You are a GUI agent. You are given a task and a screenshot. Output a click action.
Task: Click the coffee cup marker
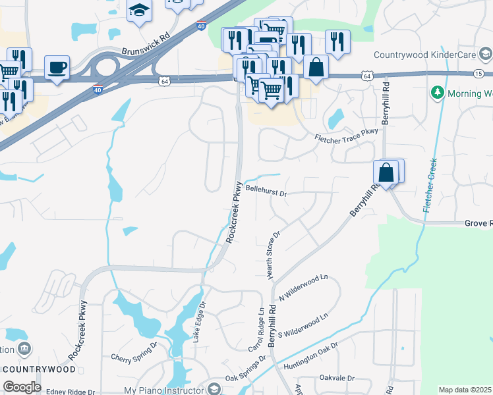pyautogui.click(x=57, y=66)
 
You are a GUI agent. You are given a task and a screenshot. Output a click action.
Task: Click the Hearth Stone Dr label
pyautogui.click(x=274, y=254)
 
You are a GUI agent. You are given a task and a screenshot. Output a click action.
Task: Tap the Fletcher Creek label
pyautogui.click(x=430, y=185)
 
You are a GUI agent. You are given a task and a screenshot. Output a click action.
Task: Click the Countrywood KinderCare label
pyautogui.click(x=424, y=55)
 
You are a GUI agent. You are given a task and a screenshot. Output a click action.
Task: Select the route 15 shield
pyautogui.click(x=478, y=73)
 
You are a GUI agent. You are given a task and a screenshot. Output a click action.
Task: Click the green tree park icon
pyautogui.click(x=436, y=93)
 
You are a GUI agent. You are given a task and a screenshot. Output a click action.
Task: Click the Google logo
pyautogui.click(x=22, y=386)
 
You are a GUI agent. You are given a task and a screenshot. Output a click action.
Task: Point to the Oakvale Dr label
pyautogui.click(x=337, y=379)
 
